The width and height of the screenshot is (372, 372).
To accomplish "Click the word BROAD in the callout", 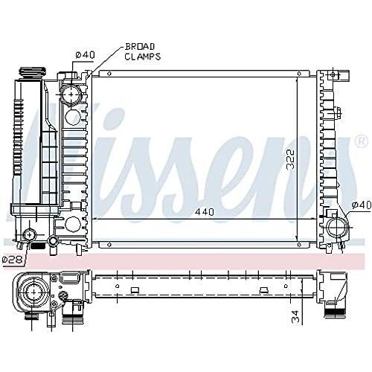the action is pos(140,47).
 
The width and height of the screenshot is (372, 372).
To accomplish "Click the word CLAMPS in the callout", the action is pos(143,57).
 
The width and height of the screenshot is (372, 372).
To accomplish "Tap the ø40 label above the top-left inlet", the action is pos(85,55).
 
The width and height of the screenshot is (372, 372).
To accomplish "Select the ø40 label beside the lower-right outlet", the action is pos(362,205).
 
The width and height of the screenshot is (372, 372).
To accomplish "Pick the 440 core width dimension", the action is pos(205,212).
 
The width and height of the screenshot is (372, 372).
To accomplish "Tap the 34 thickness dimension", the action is pos(295,316).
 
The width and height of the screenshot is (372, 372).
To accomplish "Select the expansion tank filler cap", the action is pos(33,73).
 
